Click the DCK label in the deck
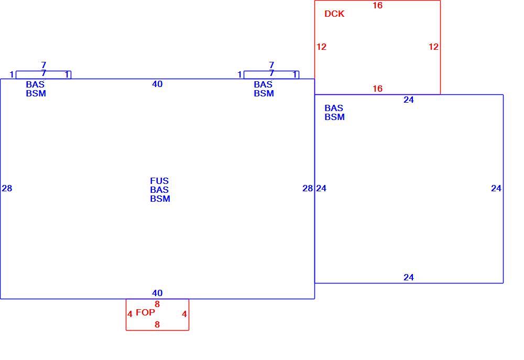pyautogui.click(x=334, y=14)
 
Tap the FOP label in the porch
pyautogui.click(x=145, y=312)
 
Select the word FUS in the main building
pyautogui.click(x=159, y=181)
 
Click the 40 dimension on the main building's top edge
pyautogui.click(x=157, y=84)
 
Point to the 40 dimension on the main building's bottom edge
pyautogui.click(x=157, y=293)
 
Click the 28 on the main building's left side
pyautogui.click(x=7, y=189)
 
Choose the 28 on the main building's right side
pyautogui.click(x=308, y=189)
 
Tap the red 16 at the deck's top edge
pyautogui.click(x=378, y=5)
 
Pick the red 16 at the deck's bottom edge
pyautogui.click(x=378, y=89)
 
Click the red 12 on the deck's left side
pyautogui.click(x=322, y=47)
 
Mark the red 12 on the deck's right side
pyautogui.click(x=433, y=47)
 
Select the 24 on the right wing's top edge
pyautogui.click(x=409, y=100)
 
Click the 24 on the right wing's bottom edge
pyautogui.click(x=409, y=277)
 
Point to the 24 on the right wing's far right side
pyautogui.click(x=496, y=189)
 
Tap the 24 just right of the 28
pyautogui.click(x=322, y=189)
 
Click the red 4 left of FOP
pyautogui.click(x=130, y=314)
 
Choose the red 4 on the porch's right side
pyautogui.click(x=184, y=314)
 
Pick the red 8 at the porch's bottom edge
pyautogui.click(x=157, y=324)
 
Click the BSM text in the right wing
pyautogui.click(x=334, y=117)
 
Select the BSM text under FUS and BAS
pyautogui.click(x=160, y=199)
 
